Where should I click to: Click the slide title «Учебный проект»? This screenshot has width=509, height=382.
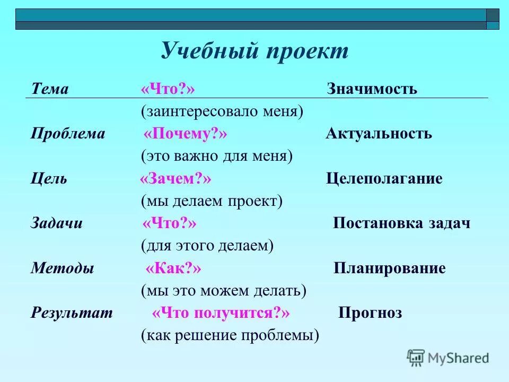tap(254, 51)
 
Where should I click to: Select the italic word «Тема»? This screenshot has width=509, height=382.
tap(50, 89)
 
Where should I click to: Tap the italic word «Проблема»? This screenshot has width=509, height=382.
tap(68, 134)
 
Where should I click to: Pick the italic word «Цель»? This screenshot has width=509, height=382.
tap(49, 178)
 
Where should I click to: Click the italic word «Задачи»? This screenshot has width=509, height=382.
tap(57, 223)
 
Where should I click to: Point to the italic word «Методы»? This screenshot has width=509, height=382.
tap(62, 268)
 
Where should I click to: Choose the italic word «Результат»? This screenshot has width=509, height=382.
tap(72, 313)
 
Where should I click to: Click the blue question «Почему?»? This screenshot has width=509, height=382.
tap(185, 134)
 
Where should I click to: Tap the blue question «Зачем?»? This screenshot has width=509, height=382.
tap(175, 179)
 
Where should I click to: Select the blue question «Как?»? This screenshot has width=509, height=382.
tap(173, 268)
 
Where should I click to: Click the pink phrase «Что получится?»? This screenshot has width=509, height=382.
tap(221, 313)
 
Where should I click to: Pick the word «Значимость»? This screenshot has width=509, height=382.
tap(372, 89)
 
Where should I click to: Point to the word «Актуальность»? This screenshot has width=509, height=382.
tap(379, 134)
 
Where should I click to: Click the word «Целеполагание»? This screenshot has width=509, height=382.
tap(384, 179)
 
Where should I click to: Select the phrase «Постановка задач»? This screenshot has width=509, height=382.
tap(401, 223)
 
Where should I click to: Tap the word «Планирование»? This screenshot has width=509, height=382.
tap(390, 268)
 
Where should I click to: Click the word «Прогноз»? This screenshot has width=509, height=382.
tap(370, 314)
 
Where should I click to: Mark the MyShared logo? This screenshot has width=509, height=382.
tap(447, 358)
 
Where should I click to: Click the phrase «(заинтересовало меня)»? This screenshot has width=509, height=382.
tap(222, 111)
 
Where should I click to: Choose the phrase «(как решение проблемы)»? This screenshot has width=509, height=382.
tap(230, 335)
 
